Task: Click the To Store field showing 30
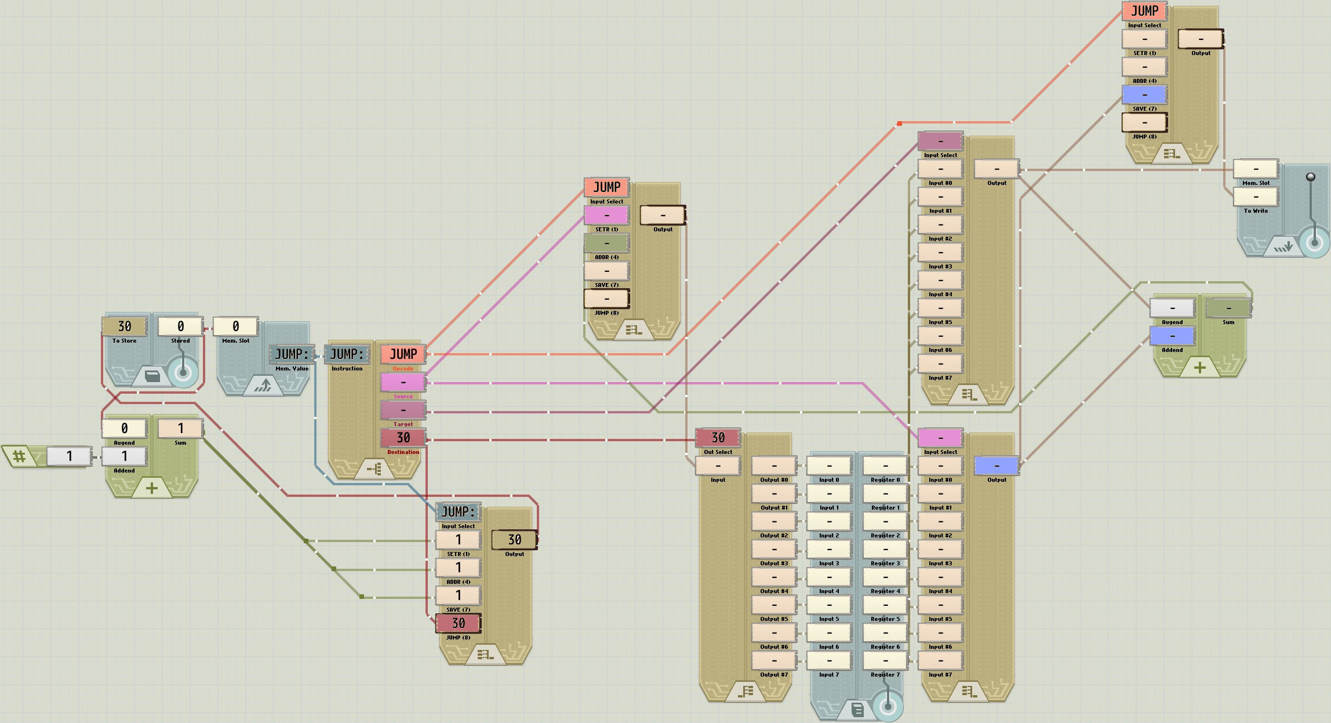[125, 326]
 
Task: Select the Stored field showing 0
[180, 326]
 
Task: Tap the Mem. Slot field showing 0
[236, 326]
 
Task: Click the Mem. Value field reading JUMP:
[292, 354]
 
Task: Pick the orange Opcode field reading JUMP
[403, 354]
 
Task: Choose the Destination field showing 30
[403, 438]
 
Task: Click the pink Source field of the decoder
[403, 382]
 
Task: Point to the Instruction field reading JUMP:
[347, 354]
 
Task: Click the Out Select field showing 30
[718, 438]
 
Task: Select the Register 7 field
[885, 660]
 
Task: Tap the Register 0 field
[885, 466]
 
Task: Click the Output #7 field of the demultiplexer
[774, 660]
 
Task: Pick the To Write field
[1256, 197]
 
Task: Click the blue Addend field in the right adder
[1172, 336]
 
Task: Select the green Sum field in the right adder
[1228, 308]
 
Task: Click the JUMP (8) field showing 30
[459, 623]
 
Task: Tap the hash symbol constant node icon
[19, 456]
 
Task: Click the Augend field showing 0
[125, 428]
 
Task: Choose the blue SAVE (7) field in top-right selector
[1145, 95]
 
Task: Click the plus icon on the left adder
[152, 488]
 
